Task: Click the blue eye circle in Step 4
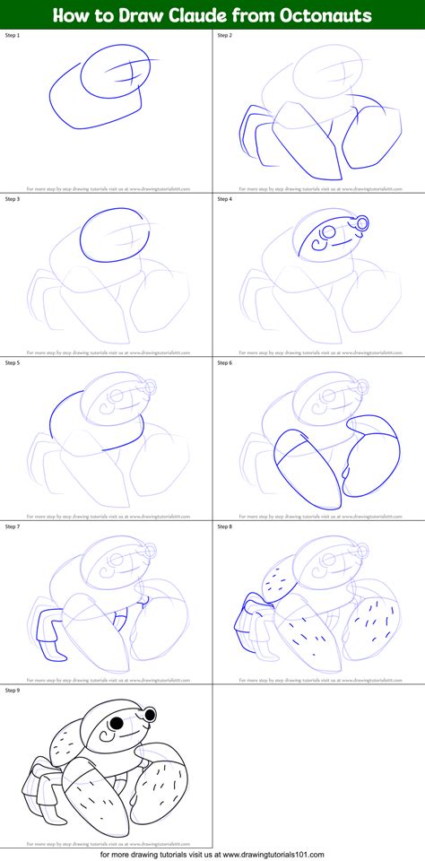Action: click(361, 222)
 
